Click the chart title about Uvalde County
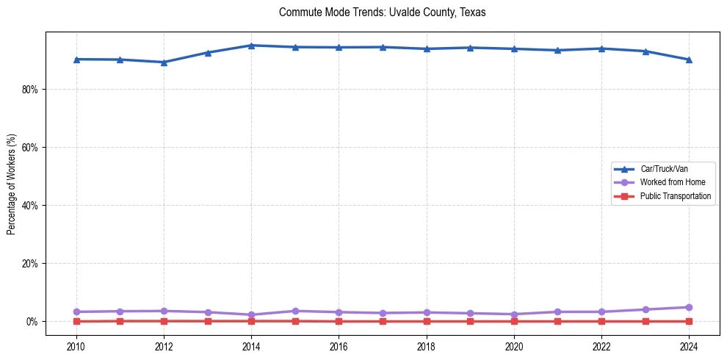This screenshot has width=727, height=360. coord(382,12)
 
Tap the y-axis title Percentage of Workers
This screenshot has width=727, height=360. coord(11,184)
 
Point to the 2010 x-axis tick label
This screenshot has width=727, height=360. coord(76,346)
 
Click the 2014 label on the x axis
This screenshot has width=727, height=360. coord(251,346)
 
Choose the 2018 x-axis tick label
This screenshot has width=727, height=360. coord(426,346)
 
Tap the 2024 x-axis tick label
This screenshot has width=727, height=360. coord(689,346)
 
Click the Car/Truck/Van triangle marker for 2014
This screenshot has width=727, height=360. coord(251,46)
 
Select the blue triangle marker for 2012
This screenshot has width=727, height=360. coord(164,62)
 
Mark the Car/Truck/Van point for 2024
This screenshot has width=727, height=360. coord(689,60)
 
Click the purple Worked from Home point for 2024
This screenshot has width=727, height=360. coord(689,307)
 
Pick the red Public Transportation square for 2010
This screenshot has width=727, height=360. coord(76,321)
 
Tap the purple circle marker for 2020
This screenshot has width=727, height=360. coord(514,314)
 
